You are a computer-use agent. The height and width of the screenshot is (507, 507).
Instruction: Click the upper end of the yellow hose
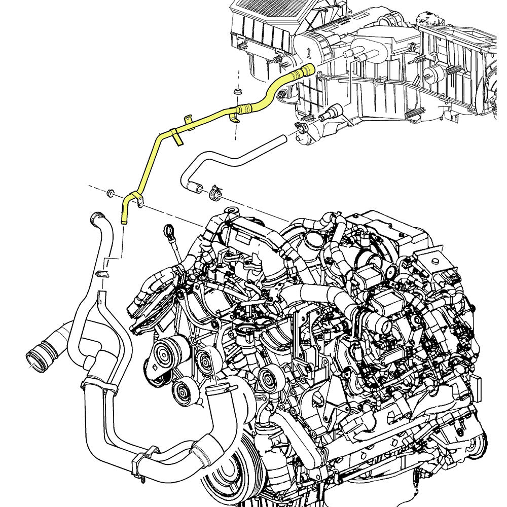coord(307,70)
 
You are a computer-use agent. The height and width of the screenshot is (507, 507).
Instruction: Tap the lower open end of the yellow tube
coord(123,219)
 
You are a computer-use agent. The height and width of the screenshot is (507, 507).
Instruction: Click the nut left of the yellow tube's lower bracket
coord(109,193)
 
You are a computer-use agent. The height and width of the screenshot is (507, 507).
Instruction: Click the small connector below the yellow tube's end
coord(101,275)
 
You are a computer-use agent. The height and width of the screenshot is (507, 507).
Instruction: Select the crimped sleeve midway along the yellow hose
coord(244,107)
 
